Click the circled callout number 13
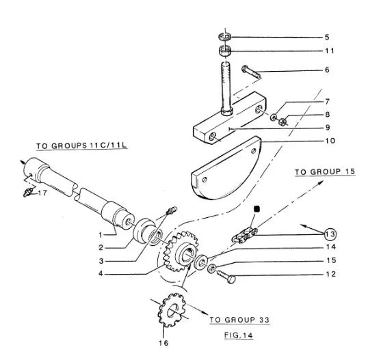click(x=330, y=234)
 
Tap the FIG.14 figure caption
click(x=239, y=335)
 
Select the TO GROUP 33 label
click(x=239, y=320)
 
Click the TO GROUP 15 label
click(x=325, y=171)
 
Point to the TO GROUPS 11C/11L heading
click(x=81, y=146)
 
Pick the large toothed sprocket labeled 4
click(x=179, y=251)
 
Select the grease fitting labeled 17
click(x=27, y=193)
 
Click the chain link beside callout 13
click(x=245, y=235)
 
